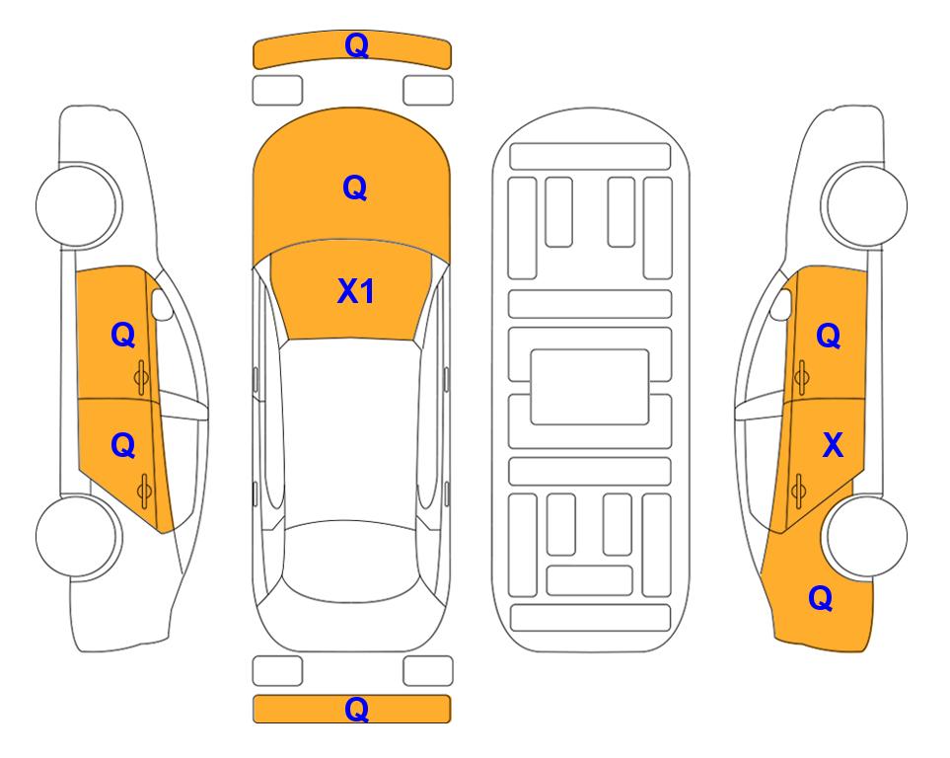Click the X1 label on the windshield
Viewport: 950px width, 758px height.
pos(356,291)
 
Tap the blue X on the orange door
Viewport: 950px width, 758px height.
pos(833,445)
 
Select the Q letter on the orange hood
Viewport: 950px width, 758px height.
pos(355,188)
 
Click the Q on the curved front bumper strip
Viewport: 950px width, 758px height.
pos(356,45)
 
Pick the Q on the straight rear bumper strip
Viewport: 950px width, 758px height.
pos(356,709)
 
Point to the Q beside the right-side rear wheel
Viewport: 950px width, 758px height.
pos(821,598)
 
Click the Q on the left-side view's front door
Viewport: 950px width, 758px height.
pos(123,335)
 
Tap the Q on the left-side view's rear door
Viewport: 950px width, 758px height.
pos(123,446)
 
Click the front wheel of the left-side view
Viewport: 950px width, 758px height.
pos(78,205)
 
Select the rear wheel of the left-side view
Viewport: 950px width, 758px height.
pos(78,536)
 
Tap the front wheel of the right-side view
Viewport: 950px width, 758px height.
pos(864,205)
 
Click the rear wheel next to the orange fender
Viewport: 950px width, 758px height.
pos(864,536)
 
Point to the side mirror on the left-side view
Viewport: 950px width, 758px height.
pos(161,304)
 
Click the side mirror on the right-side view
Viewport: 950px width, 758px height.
pos(781,304)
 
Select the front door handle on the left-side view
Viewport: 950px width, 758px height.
pos(142,377)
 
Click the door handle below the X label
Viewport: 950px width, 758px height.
pos(799,490)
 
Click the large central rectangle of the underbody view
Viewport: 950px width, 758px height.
pos(590,387)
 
